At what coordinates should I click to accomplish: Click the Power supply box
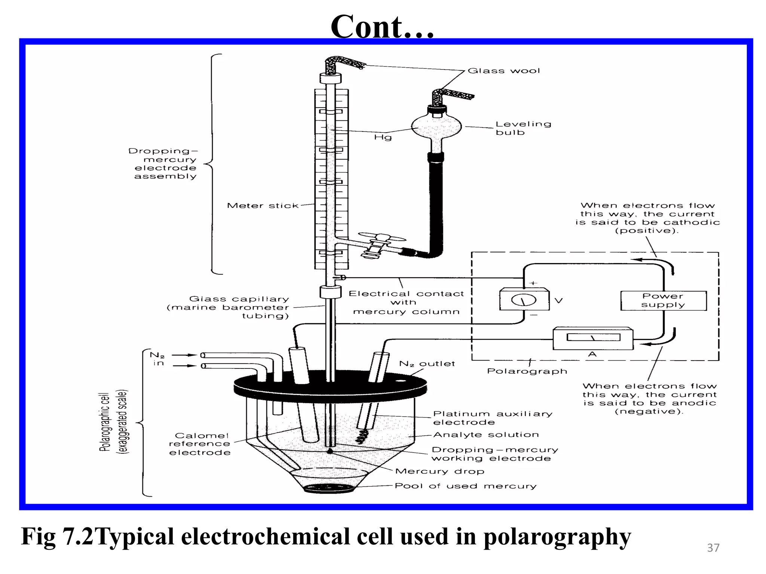pyautogui.click(x=664, y=300)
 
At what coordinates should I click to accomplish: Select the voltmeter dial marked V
pyautogui.click(x=524, y=299)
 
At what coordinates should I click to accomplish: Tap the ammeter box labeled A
pyautogui.click(x=593, y=338)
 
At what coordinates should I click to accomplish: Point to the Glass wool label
pyautogui.click(x=503, y=71)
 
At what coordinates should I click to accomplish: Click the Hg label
pyautogui.click(x=383, y=138)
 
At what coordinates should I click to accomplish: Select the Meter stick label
pyautogui.click(x=263, y=206)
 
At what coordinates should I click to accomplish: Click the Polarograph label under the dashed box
pyautogui.click(x=527, y=371)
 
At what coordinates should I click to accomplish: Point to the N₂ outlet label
pyautogui.click(x=427, y=364)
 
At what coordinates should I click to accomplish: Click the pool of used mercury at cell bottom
pyautogui.click(x=328, y=488)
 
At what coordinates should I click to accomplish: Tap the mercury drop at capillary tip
pyautogui.click(x=330, y=451)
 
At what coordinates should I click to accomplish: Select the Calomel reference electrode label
pyautogui.click(x=200, y=444)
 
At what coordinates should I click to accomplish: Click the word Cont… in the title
pyautogui.click(x=382, y=27)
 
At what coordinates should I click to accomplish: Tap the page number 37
pyautogui.click(x=713, y=548)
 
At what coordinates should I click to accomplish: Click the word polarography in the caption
pyautogui.click(x=557, y=537)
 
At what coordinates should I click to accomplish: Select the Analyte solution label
pyautogui.click(x=486, y=435)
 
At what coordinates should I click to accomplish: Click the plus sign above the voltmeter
pyautogui.click(x=533, y=283)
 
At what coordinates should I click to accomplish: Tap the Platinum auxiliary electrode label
pyautogui.click(x=492, y=418)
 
